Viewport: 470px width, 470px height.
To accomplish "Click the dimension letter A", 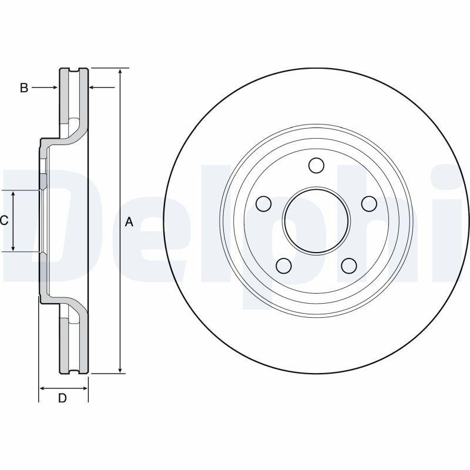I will [129, 221].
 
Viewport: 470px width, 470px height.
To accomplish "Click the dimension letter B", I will [24, 88].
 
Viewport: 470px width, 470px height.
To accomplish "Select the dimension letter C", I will [4, 221].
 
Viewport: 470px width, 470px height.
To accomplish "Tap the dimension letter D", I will [62, 398].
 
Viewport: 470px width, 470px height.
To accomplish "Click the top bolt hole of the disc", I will [316, 166].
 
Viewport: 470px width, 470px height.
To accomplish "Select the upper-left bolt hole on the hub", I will [264, 204].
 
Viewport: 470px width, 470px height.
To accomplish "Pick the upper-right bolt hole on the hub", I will [368, 204].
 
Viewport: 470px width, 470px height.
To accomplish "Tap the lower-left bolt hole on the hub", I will [284, 266].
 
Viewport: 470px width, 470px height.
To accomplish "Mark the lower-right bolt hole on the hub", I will [349, 266].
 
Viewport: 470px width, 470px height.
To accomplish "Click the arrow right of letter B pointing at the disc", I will [53, 88].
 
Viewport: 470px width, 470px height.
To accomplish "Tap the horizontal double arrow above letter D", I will [63, 388].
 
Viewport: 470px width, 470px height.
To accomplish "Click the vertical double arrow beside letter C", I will [14, 221].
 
